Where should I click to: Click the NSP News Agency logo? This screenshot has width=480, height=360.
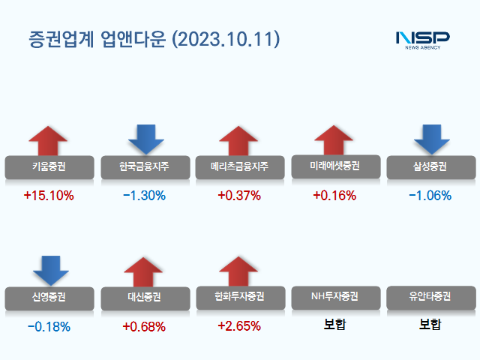[x=422, y=39]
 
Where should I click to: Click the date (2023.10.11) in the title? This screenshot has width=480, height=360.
[x=226, y=39]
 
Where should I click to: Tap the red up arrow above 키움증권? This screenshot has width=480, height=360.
[x=48, y=140]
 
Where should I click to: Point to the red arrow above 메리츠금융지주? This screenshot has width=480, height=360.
[x=238, y=140]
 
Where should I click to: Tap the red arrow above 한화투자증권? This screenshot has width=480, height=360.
[x=238, y=271]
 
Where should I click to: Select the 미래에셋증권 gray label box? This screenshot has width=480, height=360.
[x=334, y=166]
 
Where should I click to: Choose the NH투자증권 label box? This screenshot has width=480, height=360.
[x=334, y=297]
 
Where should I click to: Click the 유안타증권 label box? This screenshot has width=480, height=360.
[x=430, y=297]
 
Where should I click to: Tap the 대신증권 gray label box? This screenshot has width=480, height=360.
[x=143, y=297]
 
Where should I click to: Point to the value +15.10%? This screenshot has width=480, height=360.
[x=48, y=196]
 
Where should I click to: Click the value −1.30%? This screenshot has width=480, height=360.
[x=143, y=196]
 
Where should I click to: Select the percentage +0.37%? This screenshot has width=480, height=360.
[x=238, y=196]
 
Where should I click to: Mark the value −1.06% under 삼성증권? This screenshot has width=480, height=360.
[x=430, y=196]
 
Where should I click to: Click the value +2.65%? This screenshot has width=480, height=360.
[x=238, y=326]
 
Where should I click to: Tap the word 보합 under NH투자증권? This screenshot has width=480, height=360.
[x=334, y=325]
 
